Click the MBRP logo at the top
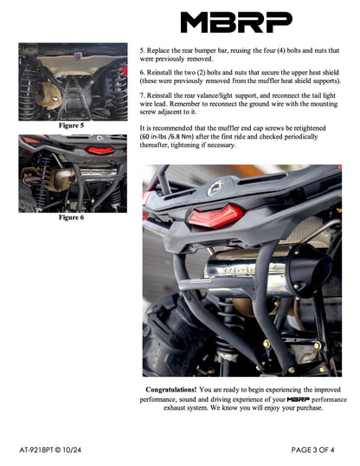[236, 22]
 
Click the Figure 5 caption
[71, 126]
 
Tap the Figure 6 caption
[71, 217]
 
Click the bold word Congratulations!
[170, 390]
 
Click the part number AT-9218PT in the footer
[44, 450]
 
